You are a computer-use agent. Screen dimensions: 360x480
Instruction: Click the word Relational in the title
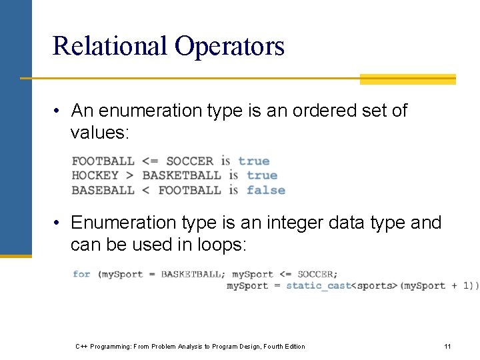pyautogui.click(x=110, y=46)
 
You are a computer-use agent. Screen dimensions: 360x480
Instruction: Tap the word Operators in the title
pyautogui.click(x=229, y=46)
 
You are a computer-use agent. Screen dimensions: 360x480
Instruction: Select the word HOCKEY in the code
pyautogui.click(x=95, y=175)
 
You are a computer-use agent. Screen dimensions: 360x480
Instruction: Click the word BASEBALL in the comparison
pyautogui.click(x=103, y=190)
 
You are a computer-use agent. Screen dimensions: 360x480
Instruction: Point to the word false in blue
pyautogui.click(x=265, y=190)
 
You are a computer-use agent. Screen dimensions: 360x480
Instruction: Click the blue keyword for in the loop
pyautogui.click(x=81, y=274)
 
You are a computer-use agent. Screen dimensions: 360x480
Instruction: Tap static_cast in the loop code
pyautogui.click(x=318, y=286)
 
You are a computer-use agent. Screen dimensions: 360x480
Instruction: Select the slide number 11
pyautogui.click(x=447, y=346)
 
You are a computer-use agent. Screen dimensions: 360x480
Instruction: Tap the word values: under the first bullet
pyautogui.click(x=99, y=133)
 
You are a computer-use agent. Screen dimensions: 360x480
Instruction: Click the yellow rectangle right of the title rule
pyautogui.click(x=407, y=79)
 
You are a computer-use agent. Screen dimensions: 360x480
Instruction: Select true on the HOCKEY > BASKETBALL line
pyautogui.click(x=261, y=175)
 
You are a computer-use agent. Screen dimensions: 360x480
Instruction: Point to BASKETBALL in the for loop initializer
pyautogui.click(x=193, y=274)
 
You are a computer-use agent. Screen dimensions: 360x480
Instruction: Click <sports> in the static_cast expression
pyautogui.click(x=374, y=286)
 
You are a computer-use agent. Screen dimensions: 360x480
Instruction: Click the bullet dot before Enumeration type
pyautogui.click(x=59, y=223)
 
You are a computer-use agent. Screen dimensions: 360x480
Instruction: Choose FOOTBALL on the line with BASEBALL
pyautogui.click(x=189, y=190)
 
